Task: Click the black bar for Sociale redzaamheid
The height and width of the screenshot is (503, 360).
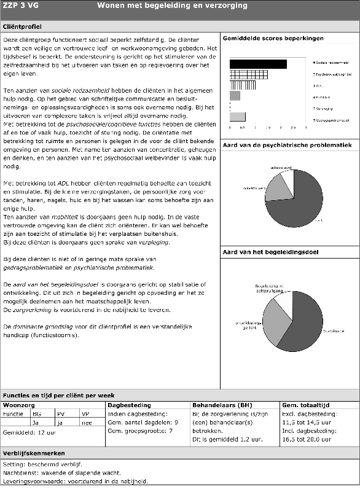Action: [258, 64]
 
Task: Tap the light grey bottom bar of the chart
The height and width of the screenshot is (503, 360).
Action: [237, 117]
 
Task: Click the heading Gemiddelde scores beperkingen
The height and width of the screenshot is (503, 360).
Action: [273, 39]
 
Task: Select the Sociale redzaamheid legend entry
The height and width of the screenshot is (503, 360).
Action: [332, 63]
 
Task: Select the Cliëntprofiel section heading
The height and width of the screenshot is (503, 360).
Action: [22, 27]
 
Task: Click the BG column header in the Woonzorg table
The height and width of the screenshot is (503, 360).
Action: [37, 414]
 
